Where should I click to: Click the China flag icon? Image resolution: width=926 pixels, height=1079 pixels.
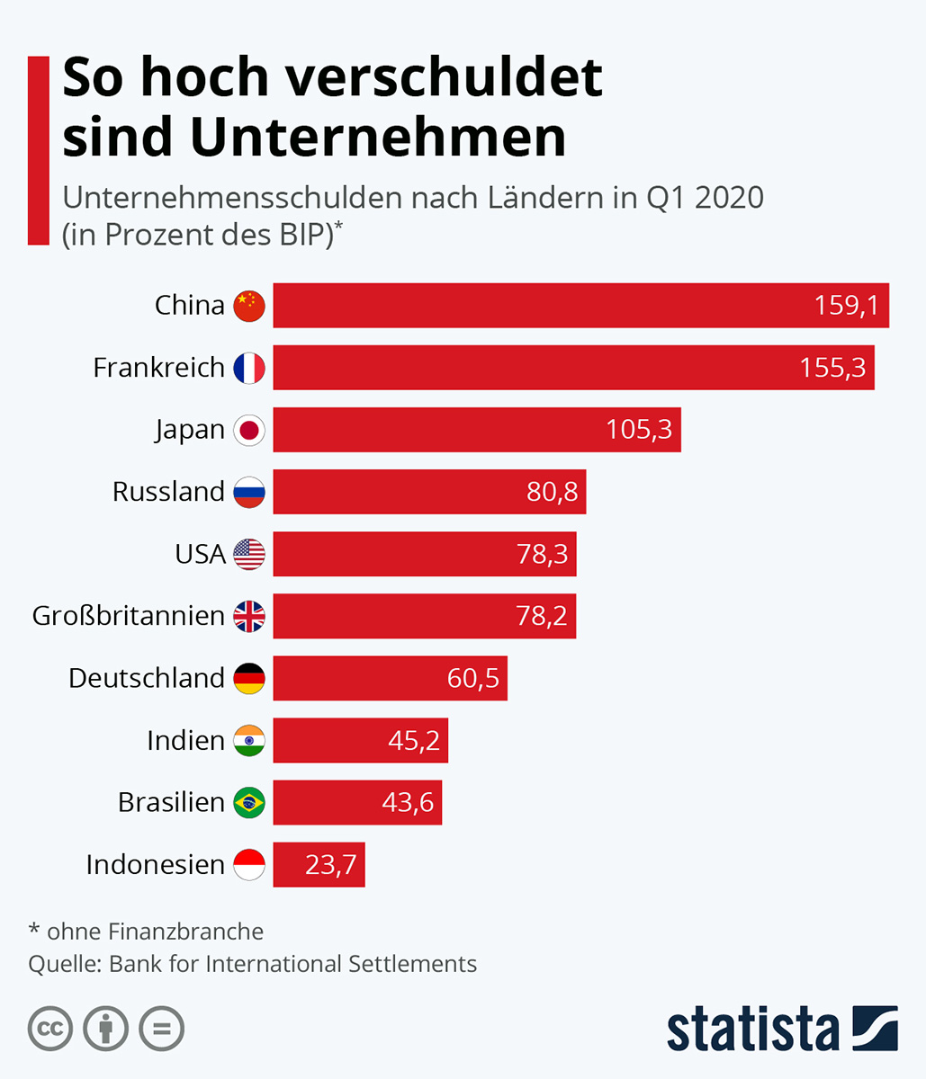pyautogui.click(x=249, y=306)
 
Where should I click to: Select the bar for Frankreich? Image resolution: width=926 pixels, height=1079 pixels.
pyautogui.click(x=573, y=368)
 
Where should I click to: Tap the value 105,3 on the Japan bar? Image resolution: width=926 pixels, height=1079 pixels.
pyautogui.click(x=639, y=430)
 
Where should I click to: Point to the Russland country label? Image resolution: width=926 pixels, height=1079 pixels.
pyautogui.click(x=168, y=492)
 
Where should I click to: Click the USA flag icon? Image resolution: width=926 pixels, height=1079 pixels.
pyautogui.click(x=249, y=554)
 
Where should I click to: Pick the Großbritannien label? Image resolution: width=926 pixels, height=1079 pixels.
pyautogui.click(x=128, y=616)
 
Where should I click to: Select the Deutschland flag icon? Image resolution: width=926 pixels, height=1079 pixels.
pyautogui.click(x=249, y=678)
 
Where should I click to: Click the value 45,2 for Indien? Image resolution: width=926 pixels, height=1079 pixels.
pyautogui.click(x=414, y=740)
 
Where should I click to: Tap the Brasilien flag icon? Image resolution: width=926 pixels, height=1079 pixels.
pyautogui.click(x=249, y=802)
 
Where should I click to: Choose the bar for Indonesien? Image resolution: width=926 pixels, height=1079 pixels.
pyautogui.click(x=319, y=864)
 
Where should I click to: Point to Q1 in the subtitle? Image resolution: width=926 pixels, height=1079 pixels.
pyautogui.click(x=667, y=197)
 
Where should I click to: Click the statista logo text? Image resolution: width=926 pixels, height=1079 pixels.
pyautogui.click(x=752, y=1030)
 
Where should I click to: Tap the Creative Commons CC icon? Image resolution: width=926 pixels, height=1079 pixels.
pyautogui.click(x=50, y=1029)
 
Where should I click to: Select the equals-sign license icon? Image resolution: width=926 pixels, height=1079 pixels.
pyautogui.click(x=161, y=1029)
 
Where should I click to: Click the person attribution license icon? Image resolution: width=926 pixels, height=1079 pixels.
pyautogui.click(x=105, y=1029)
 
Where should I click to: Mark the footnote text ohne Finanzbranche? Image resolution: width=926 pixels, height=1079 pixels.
pyautogui.click(x=155, y=932)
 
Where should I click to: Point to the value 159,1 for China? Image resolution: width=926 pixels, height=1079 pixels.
pyautogui.click(x=846, y=306)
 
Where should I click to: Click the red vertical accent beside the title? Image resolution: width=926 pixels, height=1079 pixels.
pyautogui.click(x=39, y=150)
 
